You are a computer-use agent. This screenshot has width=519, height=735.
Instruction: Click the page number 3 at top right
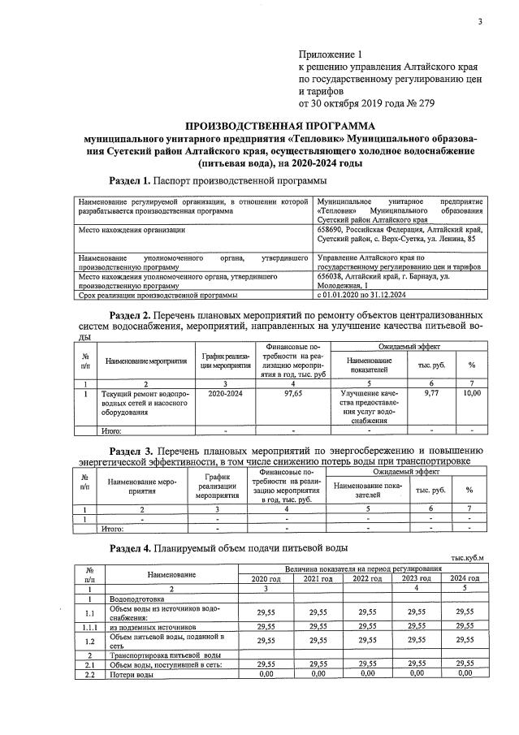click(480, 22)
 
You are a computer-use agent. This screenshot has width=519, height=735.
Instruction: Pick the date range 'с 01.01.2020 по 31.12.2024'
click(368, 295)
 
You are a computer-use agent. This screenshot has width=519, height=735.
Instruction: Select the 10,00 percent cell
click(471, 393)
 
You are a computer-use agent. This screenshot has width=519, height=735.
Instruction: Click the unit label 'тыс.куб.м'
click(468, 557)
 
